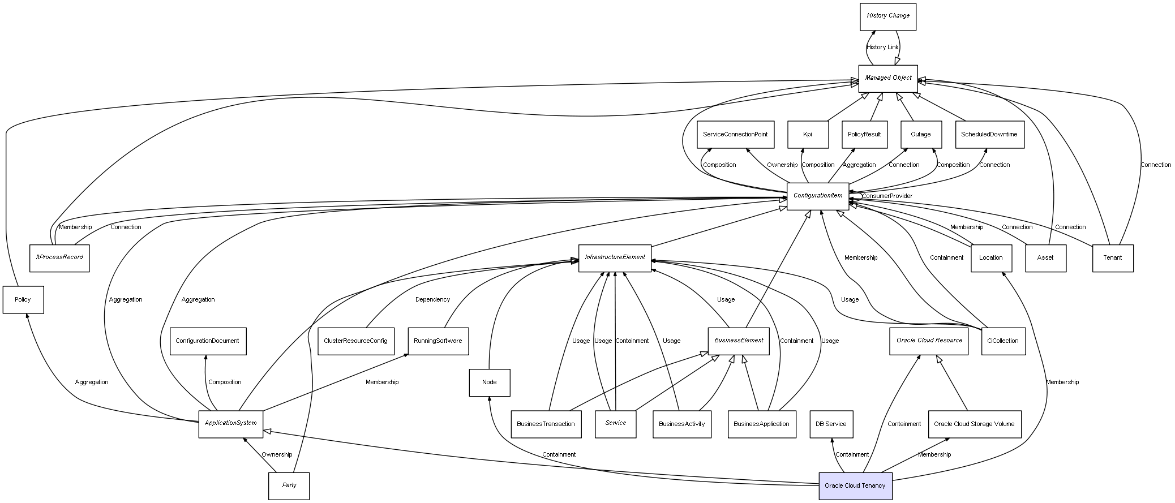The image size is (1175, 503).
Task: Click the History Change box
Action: (x=887, y=16)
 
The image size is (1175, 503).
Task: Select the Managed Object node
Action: (x=887, y=78)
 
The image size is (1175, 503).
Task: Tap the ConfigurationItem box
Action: (x=817, y=196)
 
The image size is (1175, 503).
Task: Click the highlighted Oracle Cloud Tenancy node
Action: (x=855, y=485)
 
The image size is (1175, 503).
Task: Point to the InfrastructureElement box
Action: (x=615, y=257)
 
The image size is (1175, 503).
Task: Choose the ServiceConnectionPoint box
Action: (x=735, y=135)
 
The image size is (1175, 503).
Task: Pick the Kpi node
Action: (x=807, y=135)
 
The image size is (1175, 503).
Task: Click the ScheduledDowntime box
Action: (x=989, y=135)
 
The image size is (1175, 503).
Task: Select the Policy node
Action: (x=23, y=300)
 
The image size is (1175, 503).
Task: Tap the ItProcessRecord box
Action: (x=59, y=257)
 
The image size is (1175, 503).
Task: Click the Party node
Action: (x=289, y=485)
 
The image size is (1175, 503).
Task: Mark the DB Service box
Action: (x=830, y=424)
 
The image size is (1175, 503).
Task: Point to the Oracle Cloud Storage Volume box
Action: (x=974, y=424)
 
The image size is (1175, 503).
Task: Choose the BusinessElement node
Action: (x=738, y=341)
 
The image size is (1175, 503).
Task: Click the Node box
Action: (x=489, y=382)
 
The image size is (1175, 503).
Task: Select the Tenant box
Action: (x=1112, y=258)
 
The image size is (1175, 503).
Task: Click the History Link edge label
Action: (x=882, y=48)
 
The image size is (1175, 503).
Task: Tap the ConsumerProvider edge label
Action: (x=886, y=196)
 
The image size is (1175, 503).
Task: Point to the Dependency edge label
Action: (x=432, y=300)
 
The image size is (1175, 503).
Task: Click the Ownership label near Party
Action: (x=277, y=455)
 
